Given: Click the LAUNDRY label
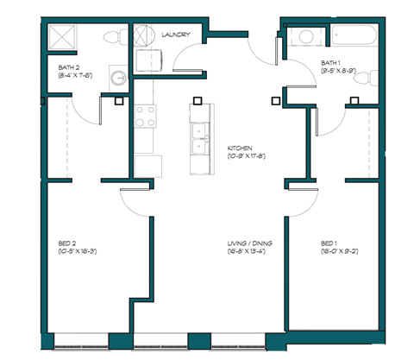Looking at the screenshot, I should coord(176,35).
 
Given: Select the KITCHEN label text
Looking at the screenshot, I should coord(241,148).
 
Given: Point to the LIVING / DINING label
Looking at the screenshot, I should coord(251,244).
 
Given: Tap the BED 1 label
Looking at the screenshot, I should coord(329,244).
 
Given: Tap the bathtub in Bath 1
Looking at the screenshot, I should coord(353,37).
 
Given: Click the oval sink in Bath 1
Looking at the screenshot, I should coord(304,36).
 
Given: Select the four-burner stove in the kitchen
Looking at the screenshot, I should coord(144,117).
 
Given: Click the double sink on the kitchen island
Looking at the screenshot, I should coord(199,137).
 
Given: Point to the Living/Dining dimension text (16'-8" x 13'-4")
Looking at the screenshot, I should coord(251,253).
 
